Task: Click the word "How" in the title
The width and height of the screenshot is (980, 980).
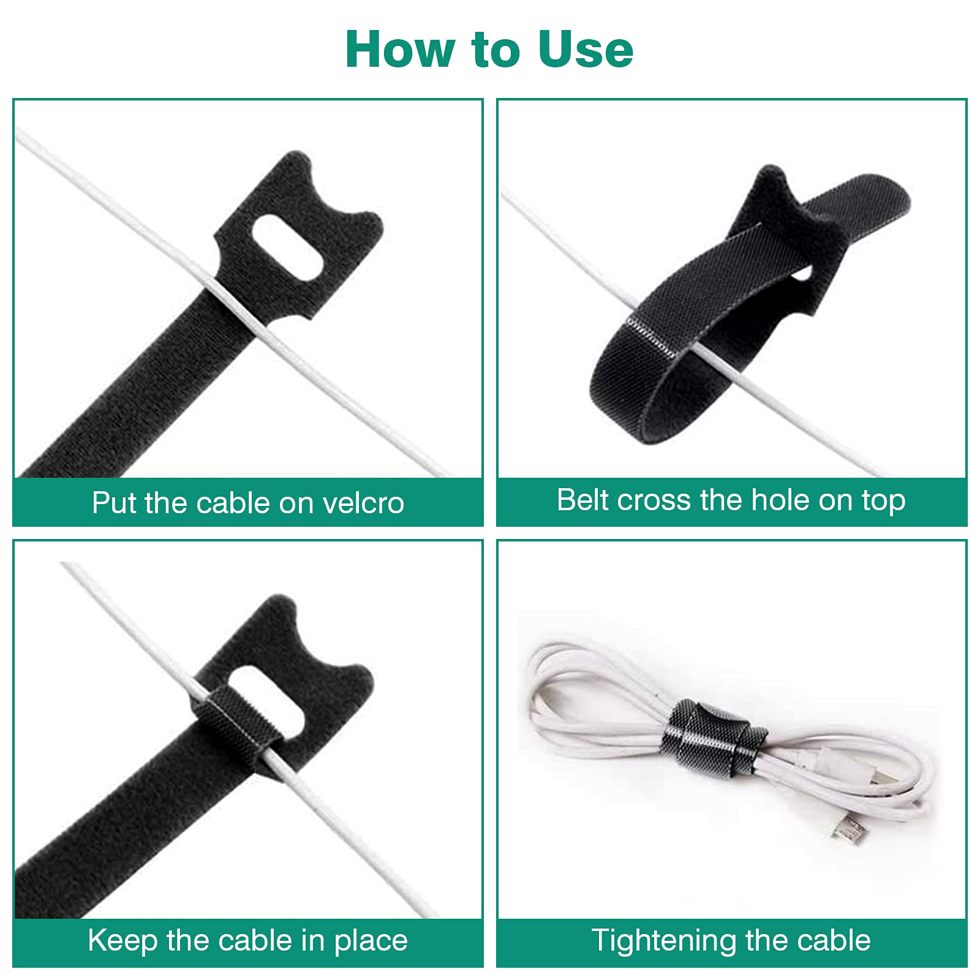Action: click(x=402, y=49)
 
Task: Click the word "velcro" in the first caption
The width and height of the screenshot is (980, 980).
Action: click(x=363, y=503)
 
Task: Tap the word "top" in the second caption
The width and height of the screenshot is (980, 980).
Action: click(x=883, y=502)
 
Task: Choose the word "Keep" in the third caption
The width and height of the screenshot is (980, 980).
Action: click(x=123, y=941)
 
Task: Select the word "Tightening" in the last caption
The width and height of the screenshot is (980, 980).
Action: click(x=665, y=941)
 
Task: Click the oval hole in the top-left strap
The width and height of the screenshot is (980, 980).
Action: click(x=287, y=249)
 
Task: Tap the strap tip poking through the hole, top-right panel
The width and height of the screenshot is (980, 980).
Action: click(x=858, y=202)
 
